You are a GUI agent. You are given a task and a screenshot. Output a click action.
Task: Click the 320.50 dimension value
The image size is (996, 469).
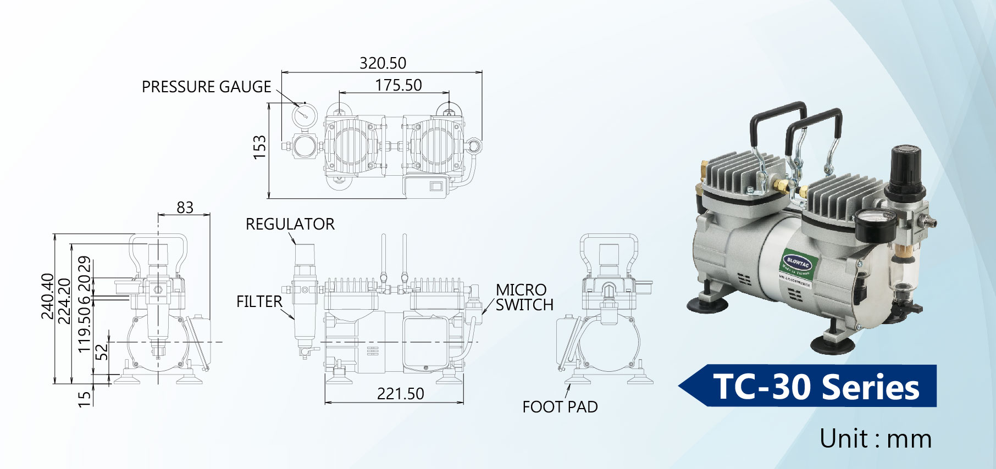click(383, 63)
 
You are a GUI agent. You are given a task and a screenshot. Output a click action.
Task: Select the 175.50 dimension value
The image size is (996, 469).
click(399, 85)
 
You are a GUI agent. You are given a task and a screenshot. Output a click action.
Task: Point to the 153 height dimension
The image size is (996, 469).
click(259, 147)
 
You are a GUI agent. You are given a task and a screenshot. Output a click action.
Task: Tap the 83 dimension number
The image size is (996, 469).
click(185, 208)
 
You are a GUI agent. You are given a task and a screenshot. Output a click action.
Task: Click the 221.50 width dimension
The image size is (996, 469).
click(400, 394)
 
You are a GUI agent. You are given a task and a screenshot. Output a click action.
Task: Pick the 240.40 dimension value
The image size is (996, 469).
click(48, 296)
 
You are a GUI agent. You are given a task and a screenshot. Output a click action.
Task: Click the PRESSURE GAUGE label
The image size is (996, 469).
click(206, 87)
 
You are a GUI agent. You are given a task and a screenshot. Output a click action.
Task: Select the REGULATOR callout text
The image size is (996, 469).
click(290, 224)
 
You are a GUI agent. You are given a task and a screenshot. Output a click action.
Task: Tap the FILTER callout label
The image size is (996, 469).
click(259, 302)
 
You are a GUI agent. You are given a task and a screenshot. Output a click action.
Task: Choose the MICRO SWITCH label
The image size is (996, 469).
click(523, 297)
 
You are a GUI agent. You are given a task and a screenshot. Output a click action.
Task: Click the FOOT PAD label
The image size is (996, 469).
click(560, 407)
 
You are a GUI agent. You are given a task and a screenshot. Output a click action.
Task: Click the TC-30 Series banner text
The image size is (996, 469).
click(816, 387)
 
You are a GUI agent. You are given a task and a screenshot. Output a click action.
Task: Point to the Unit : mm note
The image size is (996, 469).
click(875, 439)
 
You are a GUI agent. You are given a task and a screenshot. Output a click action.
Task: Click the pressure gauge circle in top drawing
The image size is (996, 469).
click(304, 114)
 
